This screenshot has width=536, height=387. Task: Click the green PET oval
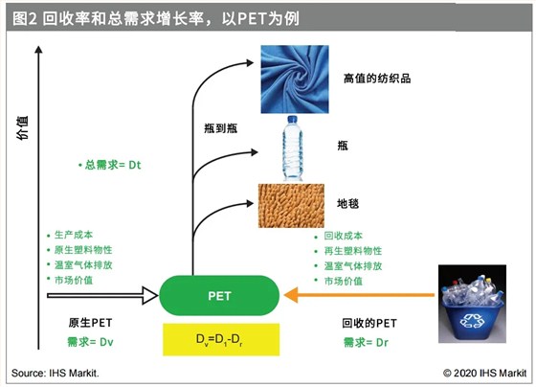pyautogui.click(x=219, y=296)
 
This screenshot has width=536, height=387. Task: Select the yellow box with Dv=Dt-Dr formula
pyautogui.click(x=219, y=339)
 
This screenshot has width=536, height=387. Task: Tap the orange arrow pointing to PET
pyautogui.click(x=355, y=296)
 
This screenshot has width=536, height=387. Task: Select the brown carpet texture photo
pyautogui.click(x=296, y=205)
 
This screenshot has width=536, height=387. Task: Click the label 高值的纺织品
pyautogui.click(x=374, y=77)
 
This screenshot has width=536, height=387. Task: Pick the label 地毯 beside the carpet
pyautogui.click(x=348, y=205)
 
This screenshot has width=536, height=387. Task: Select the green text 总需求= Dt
pyautogui.click(x=107, y=165)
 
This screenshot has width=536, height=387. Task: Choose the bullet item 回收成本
pyautogui.click(x=342, y=235)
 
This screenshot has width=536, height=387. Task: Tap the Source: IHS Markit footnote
pyautogui.click(x=52, y=371)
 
